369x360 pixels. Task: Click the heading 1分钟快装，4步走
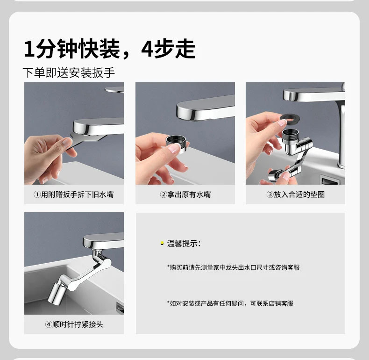[110, 49]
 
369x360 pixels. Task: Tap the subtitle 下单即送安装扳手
[69, 72]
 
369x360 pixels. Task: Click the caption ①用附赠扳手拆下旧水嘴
[74, 194]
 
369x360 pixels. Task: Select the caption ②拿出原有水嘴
[185, 194]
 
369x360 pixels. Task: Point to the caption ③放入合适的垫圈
[295, 194]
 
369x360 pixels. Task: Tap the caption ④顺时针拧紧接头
[74, 324]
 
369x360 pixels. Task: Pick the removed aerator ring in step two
[177, 143]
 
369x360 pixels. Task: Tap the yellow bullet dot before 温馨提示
[162, 244]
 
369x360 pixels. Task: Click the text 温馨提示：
[184, 244]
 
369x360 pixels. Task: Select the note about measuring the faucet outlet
[233, 267]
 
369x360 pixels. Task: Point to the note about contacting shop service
[230, 303]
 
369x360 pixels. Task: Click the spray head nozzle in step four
[56, 294]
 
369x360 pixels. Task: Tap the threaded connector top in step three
[291, 134]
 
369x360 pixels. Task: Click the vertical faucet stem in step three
[341, 134]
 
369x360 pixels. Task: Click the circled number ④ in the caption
[49, 324]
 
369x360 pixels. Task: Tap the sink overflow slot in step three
[330, 180]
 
